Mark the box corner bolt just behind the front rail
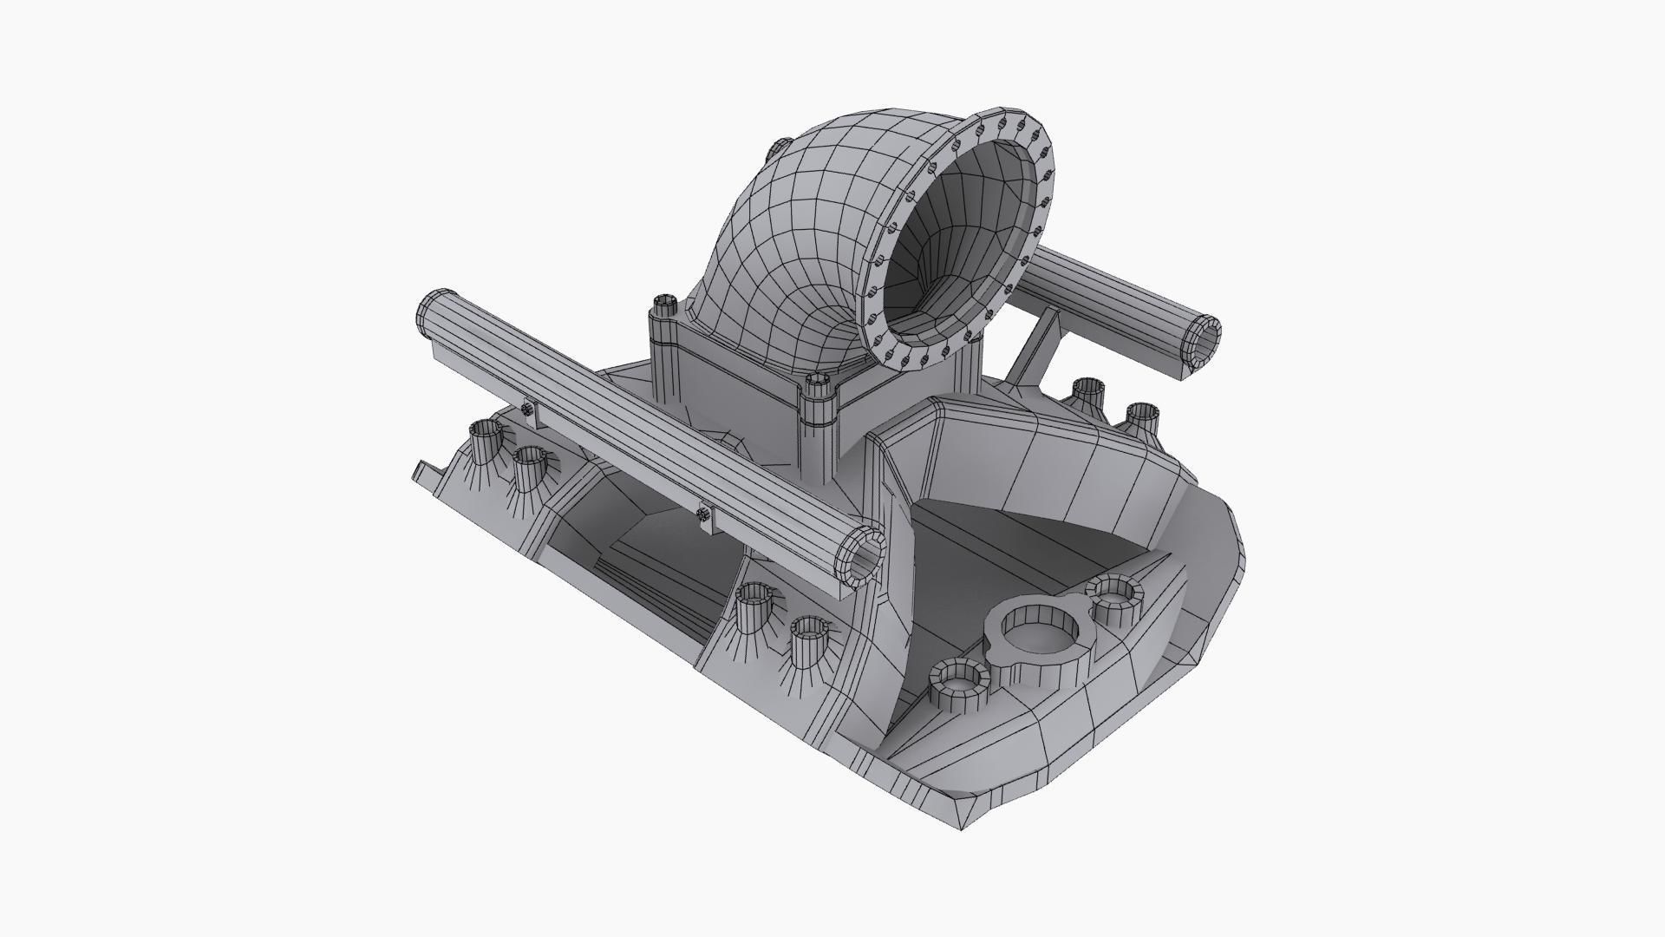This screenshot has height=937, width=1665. tap(664, 305)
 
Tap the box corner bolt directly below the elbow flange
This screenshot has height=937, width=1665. tap(818, 386)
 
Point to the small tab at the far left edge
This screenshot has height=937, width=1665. tap(422, 471)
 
